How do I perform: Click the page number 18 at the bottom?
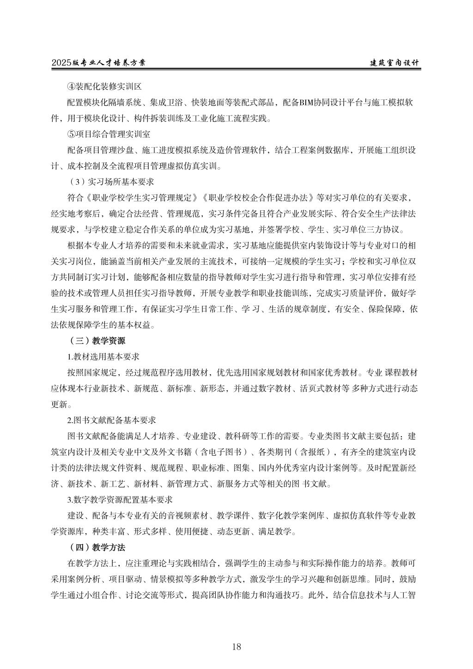pos(236,646)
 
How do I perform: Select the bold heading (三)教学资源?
pos(97,341)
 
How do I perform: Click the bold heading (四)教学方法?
pos(97,547)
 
